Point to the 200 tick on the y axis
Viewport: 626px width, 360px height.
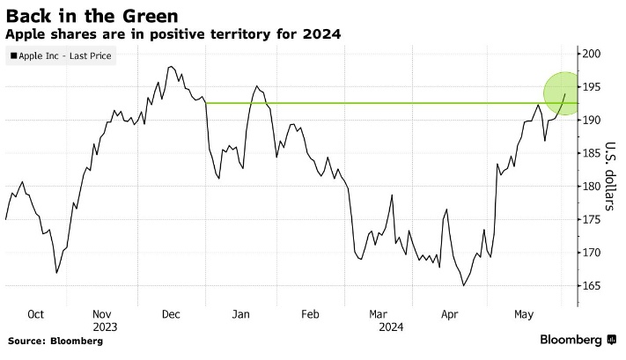(590, 55)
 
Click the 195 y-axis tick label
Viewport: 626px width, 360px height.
(590, 87)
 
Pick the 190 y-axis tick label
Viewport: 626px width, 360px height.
(590, 121)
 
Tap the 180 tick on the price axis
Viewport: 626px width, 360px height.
(590, 187)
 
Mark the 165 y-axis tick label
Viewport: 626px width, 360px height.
(590, 286)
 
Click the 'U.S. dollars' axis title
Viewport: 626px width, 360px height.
(608, 176)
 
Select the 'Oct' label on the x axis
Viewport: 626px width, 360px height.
(36, 313)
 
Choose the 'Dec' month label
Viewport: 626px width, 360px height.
(171, 313)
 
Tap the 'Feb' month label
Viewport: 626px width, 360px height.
(309, 313)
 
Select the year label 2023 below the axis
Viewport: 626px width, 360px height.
(104, 327)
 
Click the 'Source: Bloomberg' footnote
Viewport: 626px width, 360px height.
(55, 341)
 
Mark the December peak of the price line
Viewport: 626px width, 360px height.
(169, 66)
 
